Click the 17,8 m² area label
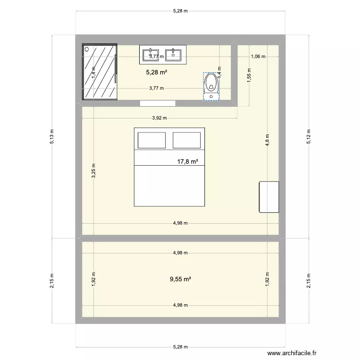point(188,162)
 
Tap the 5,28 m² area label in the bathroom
point(156,72)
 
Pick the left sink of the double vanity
point(152,55)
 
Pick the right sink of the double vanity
point(173,55)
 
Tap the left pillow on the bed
point(152,140)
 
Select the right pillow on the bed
point(187,140)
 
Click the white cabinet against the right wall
point(269,197)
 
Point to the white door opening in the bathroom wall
point(158,103)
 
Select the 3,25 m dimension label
point(93,172)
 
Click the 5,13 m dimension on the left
point(52,137)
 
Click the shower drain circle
point(87,49)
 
